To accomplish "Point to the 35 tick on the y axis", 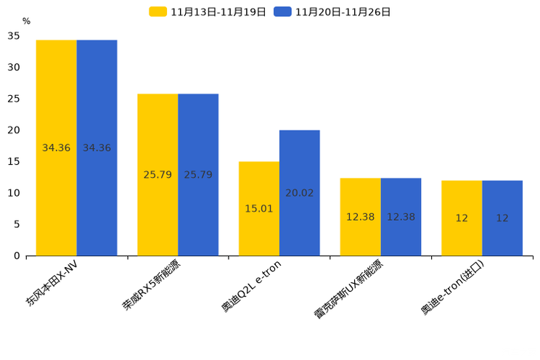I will (14, 36).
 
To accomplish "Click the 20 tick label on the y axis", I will (14, 130).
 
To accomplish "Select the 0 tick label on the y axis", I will (17, 255).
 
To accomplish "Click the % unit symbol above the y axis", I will (26, 22).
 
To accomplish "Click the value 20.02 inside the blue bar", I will (299, 193).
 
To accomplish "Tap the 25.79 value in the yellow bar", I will (157, 175).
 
